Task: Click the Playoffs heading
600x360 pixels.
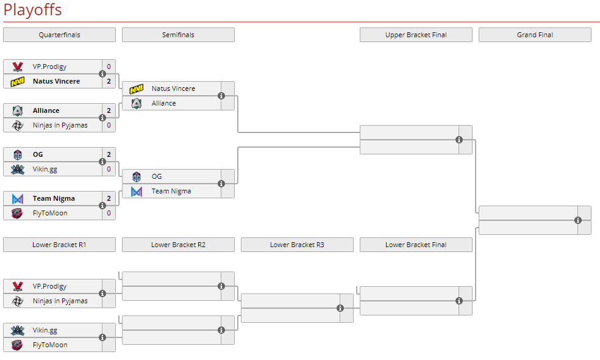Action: (32, 10)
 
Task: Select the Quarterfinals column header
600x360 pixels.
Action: (59, 35)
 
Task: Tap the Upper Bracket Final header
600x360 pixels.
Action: (416, 35)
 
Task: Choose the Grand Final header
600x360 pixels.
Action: (535, 35)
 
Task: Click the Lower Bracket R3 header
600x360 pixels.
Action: (297, 245)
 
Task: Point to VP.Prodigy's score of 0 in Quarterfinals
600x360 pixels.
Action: (109, 67)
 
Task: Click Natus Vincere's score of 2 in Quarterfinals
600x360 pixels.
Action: (109, 81)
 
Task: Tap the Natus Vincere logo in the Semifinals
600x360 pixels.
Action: (137, 89)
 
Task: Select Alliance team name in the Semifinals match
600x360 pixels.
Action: (163, 103)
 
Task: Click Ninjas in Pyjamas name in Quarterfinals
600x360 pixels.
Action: (60, 125)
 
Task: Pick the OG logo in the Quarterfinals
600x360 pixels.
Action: (18, 154)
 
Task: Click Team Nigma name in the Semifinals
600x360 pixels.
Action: (171, 191)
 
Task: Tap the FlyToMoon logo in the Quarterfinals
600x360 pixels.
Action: (18, 213)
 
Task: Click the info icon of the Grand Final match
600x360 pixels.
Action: (578, 220)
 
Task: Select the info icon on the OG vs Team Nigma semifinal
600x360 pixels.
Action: (221, 184)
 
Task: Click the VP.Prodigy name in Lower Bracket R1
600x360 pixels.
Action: (49, 286)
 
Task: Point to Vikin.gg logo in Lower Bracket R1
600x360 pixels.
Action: (18, 330)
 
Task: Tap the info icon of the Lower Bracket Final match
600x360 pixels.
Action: (459, 301)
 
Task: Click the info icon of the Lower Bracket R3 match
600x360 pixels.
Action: (340, 308)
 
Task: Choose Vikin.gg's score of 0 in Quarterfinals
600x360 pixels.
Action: (109, 169)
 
